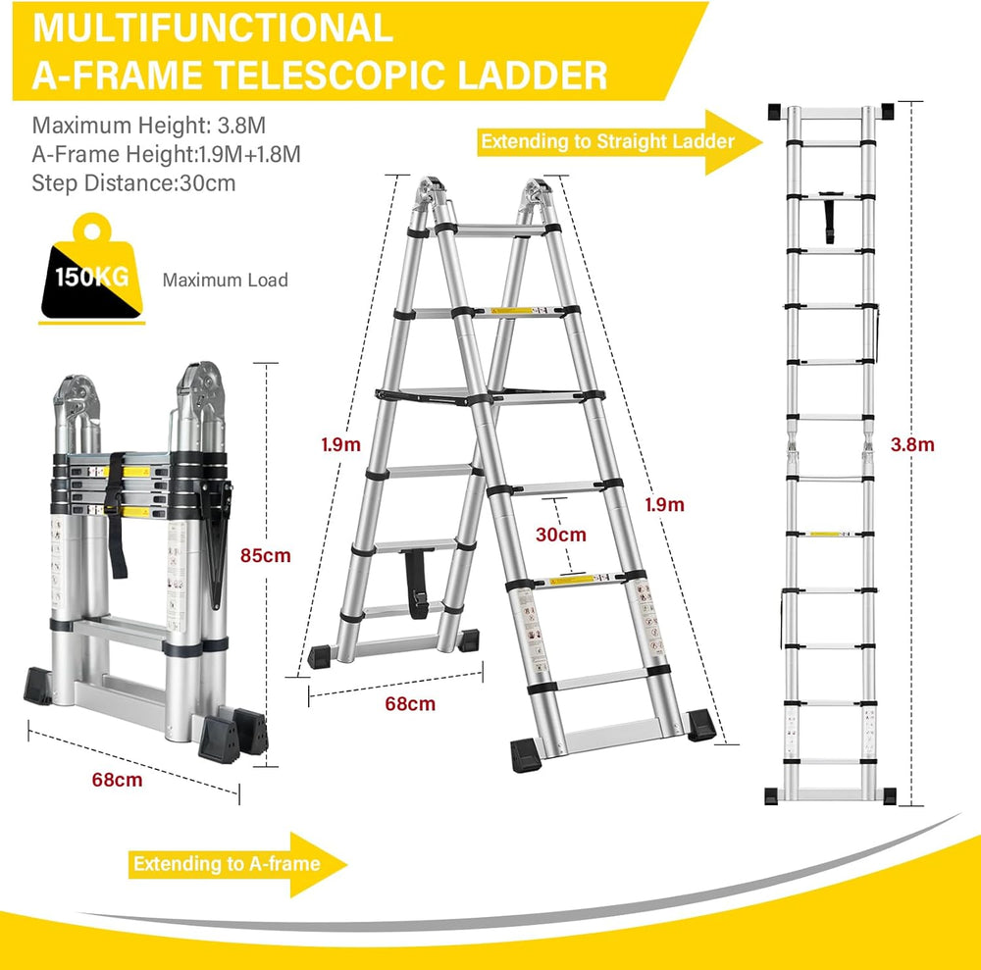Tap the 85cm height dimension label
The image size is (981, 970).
[265, 555]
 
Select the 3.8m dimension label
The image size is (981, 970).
[912, 444]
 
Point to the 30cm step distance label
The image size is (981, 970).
[560, 535]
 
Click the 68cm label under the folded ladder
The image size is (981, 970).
[117, 780]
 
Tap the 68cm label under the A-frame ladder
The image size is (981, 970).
[410, 703]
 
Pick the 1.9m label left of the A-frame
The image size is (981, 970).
[341, 444]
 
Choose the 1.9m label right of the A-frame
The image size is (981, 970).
[664, 505]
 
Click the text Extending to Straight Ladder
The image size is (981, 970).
[607, 141]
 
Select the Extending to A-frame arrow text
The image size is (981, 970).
[227, 864]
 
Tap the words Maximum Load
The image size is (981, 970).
[226, 281]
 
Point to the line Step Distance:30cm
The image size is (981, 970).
[133, 183]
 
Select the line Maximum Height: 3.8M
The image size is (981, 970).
[149, 126]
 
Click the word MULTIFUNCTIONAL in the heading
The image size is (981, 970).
[213, 28]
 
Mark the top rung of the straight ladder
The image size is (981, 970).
[830, 113]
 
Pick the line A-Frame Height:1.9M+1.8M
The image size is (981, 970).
[167, 154]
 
